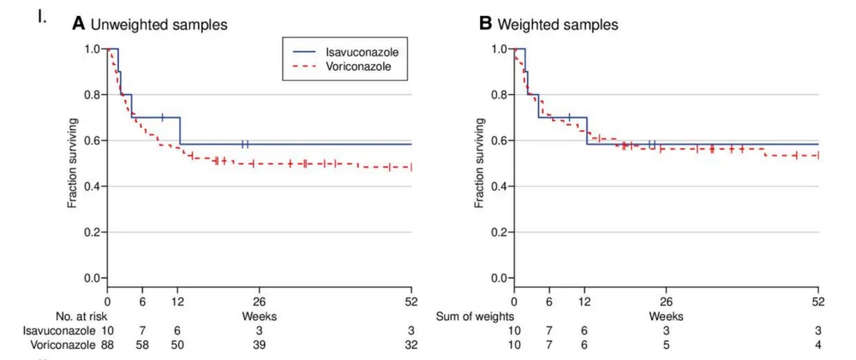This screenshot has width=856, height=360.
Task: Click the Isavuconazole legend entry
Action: tap(361, 52)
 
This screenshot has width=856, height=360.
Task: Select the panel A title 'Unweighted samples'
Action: tap(159, 25)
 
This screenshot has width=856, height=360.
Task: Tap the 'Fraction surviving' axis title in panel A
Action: tap(72, 163)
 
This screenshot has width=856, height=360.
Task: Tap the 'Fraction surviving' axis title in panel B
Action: tap(480, 163)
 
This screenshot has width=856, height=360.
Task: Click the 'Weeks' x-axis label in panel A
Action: tap(258, 316)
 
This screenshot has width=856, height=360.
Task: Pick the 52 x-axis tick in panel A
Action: tap(411, 301)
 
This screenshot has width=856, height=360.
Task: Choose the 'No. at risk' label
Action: tap(80, 316)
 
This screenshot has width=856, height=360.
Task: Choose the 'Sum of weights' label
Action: tap(472, 316)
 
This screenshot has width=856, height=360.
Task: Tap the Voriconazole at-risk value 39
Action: tap(258, 345)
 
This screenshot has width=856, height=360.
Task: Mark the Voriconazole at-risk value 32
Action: tap(410, 345)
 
